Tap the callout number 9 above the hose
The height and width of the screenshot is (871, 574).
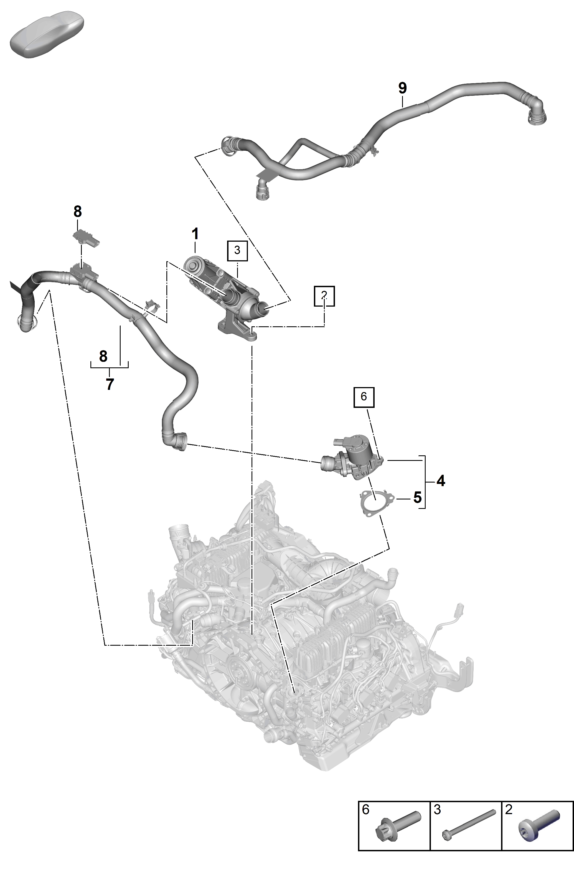point(402,88)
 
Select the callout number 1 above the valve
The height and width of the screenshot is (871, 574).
point(195,234)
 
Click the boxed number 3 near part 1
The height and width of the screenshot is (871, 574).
point(237,251)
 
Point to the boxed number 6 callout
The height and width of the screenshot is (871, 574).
point(364,397)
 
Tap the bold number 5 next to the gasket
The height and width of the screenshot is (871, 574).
point(417,498)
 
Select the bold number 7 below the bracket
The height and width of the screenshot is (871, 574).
point(110,385)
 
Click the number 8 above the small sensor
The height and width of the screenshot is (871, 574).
point(78,211)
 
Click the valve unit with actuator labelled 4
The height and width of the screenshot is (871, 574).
point(352,456)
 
